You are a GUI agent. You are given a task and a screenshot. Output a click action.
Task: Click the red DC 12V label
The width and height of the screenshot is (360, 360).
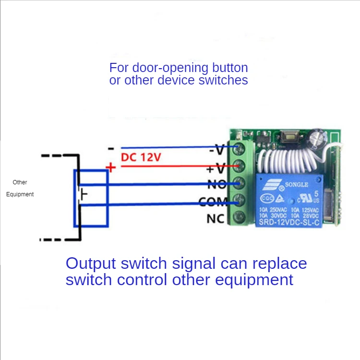tap(141, 157)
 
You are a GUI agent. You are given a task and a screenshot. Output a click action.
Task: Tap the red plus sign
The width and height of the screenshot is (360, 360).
tap(111, 168)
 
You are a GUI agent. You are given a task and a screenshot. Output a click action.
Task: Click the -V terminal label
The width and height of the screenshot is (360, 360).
tap(216, 150)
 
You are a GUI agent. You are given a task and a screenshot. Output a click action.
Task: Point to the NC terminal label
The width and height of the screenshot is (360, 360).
tap(216, 219)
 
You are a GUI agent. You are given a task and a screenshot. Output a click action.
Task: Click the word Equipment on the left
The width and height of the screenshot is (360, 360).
tap(20, 194)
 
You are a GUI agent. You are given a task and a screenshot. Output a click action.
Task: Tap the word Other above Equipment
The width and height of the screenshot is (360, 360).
tap(20, 182)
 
